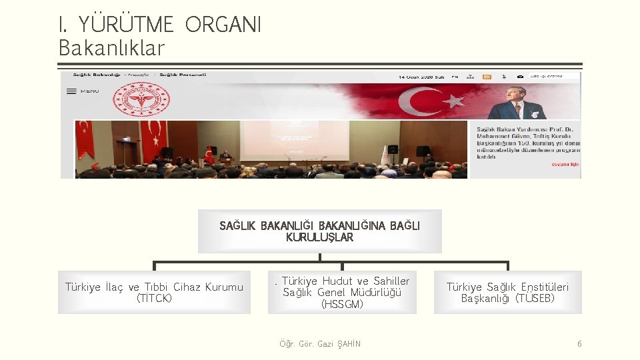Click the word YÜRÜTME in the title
click(126, 25)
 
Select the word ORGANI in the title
click(223, 25)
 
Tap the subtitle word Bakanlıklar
click(111, 48)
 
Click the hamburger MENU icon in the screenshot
click(72, 91)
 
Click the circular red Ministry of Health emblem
click(140, 100)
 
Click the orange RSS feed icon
click(487, 77)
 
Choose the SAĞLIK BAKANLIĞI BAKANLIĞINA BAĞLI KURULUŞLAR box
click(319, 231)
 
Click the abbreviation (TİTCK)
click(154, 298)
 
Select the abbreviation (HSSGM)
click(342, 305)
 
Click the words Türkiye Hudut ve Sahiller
click(345, 281)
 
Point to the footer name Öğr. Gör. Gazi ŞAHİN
click(320, 344)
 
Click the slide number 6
click(579, 344)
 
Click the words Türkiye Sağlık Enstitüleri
click(507, 287)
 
